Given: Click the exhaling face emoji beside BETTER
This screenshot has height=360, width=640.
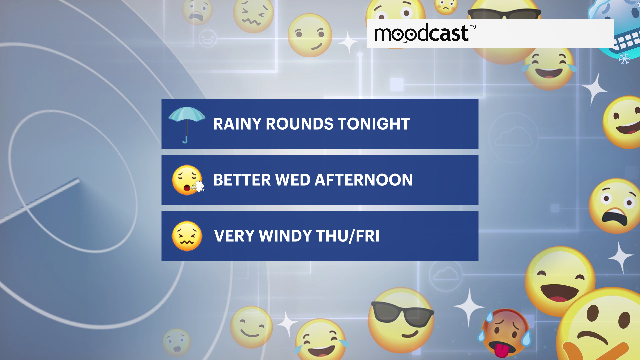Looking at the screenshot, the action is click(188, 180).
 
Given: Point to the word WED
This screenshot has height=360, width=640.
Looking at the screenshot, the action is click(293, 180).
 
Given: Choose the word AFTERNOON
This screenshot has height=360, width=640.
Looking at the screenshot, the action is click(364, 180).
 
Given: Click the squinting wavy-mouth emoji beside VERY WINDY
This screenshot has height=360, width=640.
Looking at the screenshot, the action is click(187, 236).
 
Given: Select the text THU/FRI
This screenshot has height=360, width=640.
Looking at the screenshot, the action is click(348, 236).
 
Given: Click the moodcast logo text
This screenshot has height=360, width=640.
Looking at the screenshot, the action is click(421, 34).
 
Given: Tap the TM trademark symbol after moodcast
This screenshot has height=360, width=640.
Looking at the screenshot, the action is click(473, 28).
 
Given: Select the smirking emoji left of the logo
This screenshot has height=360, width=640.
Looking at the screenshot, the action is click(310, 35).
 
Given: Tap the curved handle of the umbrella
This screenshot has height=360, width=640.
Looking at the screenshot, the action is click(185, 140).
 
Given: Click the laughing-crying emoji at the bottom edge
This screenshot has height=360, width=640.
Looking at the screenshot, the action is click(321, 340).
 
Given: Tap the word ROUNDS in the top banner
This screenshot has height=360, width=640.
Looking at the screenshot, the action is click(299, 124).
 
